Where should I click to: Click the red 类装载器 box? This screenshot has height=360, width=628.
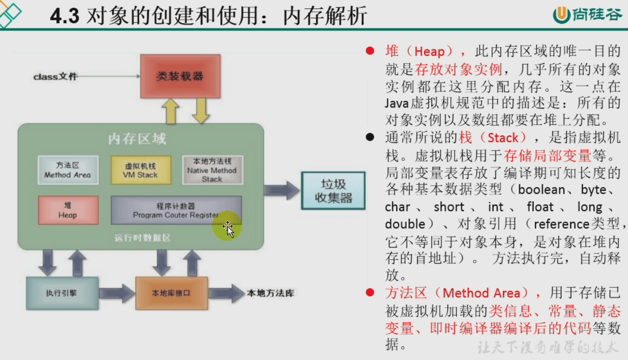180,76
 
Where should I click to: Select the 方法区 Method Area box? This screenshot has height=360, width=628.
68,170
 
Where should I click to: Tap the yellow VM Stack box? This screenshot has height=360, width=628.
141,170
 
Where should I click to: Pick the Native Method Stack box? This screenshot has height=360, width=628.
212,170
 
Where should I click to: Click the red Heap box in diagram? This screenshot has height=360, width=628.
68,210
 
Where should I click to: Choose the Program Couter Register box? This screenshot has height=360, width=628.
176,210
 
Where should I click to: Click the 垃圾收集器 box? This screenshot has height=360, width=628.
333,191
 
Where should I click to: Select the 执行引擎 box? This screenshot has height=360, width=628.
62,293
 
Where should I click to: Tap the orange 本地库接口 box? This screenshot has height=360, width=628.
171,293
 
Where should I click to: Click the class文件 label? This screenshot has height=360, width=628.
55,76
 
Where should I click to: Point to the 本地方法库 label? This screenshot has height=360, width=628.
270,293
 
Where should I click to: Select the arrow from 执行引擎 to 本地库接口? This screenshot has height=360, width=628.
117,293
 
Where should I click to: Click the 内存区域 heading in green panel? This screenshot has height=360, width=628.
137,138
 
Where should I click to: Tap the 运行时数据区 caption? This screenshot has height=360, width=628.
142,238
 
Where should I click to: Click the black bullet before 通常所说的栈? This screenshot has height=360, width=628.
370,137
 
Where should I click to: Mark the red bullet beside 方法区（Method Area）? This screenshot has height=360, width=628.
370,293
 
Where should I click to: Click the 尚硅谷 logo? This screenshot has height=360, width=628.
587,15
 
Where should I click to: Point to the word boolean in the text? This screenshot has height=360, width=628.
541,189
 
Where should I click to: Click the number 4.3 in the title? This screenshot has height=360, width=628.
65,16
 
